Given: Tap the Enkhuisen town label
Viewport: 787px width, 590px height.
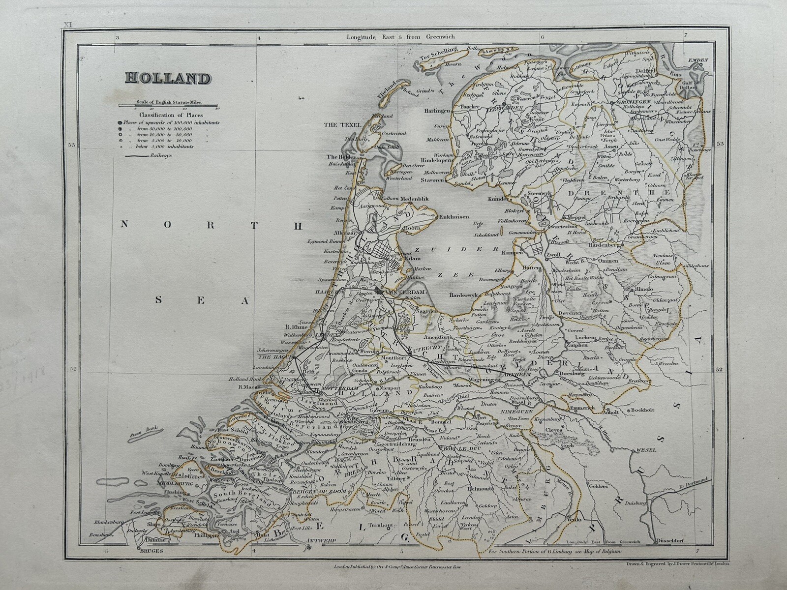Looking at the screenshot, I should [x=454, y=216].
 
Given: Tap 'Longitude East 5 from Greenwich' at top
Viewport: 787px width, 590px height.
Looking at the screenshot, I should [x=401, y=36].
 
